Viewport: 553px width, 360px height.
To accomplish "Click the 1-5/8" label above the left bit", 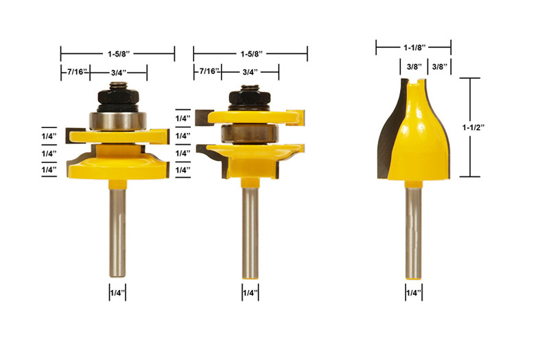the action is [x=119, y=54].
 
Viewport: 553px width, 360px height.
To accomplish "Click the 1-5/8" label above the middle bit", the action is [x=252, y=54].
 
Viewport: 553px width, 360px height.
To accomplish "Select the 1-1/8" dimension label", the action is [x=414, y=47].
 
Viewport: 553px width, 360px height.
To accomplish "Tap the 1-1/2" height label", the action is [x=473, y=128].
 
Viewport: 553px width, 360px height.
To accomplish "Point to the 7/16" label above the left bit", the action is [x=78, y=72].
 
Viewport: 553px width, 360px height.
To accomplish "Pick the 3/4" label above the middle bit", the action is [x=250, y=72].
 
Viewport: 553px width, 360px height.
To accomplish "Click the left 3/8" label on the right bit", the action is [x=414, y=67].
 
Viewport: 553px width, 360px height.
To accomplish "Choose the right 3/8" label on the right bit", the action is [x=439, y=67].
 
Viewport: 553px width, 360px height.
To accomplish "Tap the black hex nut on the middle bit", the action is [x=250, y=98].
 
